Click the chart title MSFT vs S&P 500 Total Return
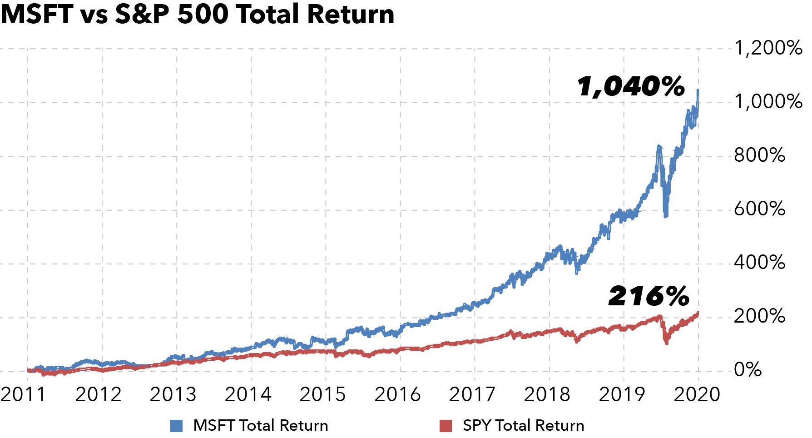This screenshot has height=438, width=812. tap(197, 15)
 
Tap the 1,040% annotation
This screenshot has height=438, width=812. tap(631, 86)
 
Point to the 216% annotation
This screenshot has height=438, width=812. tap(649, 296)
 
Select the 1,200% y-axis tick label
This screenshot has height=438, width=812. tap(768, 48)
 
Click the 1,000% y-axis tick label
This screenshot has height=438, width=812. tap(768, 101)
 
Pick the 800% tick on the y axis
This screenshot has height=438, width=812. tap(759, 155)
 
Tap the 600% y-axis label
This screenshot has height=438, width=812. tap(759, 209)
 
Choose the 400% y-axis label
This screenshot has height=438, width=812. tap(759, 263)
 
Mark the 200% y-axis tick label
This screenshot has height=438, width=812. tap(759, 316)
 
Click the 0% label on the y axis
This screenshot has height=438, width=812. tap(748, 370)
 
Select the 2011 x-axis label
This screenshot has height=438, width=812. tap(24, 394)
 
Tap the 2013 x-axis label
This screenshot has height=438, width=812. tap(173, 394)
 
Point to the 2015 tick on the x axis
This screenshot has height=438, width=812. tap(322, 394)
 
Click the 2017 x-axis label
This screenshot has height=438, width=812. tap(472, 394)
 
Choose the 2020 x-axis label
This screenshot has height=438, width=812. tap(697, 394)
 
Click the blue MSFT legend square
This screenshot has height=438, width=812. tap(176, 426)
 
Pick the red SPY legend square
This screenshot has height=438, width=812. tap(446, 426)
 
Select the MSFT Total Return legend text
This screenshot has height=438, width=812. tap(261, 425)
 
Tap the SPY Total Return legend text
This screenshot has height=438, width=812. tap(523, 425)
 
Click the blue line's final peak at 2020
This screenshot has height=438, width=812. tap(698, 91)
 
